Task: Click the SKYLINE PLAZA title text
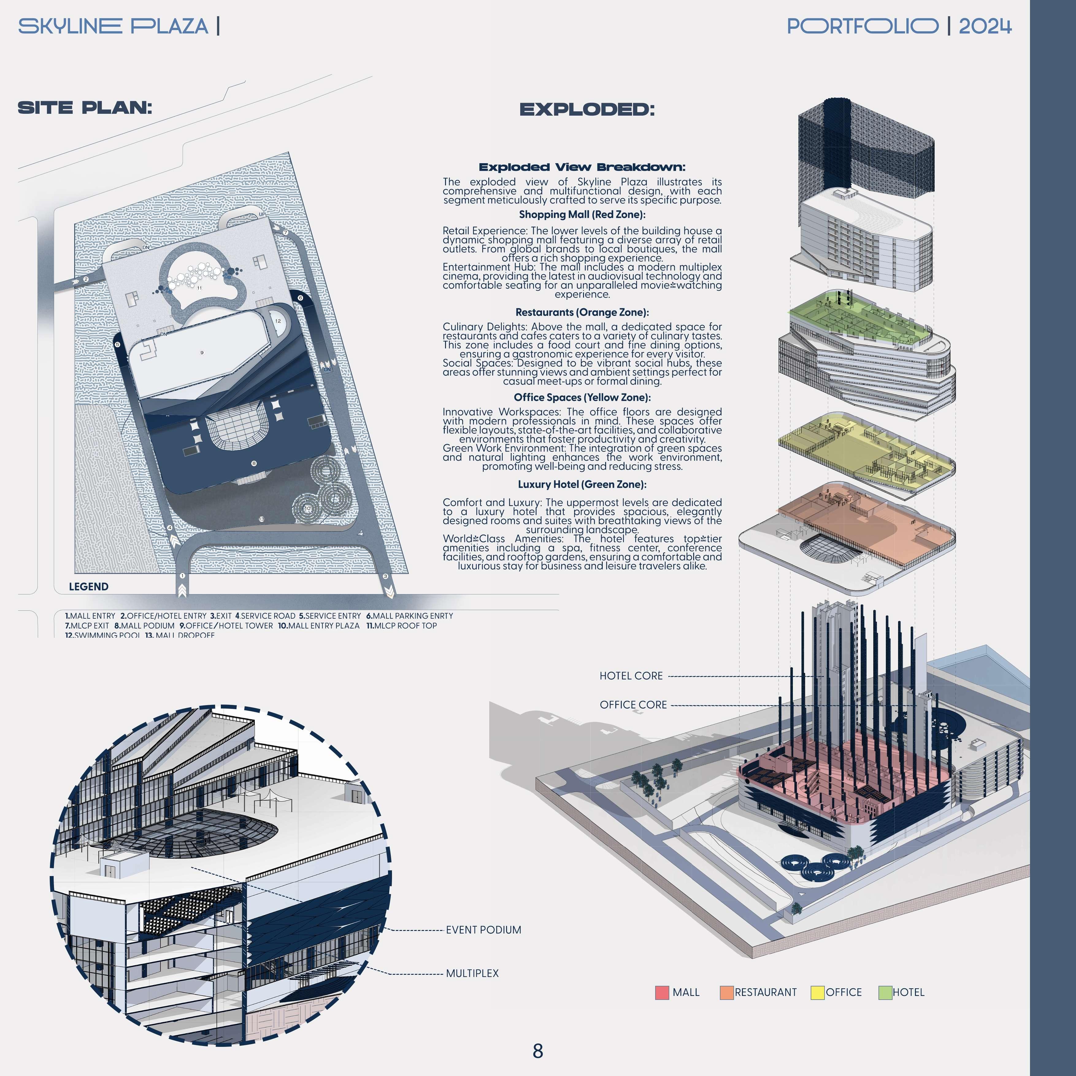113,26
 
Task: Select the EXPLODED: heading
587,110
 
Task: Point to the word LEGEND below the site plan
89,586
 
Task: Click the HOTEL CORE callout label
631,675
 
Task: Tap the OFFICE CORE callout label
633,705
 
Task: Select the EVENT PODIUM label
483,929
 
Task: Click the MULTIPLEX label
472,973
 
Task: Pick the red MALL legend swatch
662,993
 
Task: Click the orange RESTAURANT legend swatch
726,993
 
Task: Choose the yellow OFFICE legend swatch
817,993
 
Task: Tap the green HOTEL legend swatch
885,993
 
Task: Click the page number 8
537,1051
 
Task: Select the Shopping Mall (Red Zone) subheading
582,214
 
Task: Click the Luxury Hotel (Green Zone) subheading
582,485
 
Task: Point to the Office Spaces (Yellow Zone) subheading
582,397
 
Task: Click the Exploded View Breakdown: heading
582,167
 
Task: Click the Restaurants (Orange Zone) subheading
582,313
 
